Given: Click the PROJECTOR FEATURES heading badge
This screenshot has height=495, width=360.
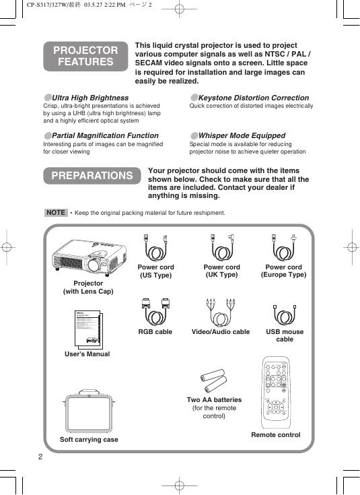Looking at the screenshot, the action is [85, 56].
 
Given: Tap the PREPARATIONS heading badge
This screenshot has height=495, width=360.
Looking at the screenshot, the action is [92, 176].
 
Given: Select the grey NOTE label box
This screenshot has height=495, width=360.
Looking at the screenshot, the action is [56, 212].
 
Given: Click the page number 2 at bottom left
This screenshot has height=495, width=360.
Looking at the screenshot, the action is [40, 457].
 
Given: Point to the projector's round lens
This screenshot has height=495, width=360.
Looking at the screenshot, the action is [94, 265].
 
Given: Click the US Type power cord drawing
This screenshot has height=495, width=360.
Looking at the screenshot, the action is [155, 248].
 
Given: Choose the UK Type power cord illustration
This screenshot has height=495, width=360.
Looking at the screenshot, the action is [222, 248].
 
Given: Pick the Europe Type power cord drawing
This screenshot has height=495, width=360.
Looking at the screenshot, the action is [284, 248].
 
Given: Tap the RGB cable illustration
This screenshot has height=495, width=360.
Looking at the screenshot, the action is [155, 312].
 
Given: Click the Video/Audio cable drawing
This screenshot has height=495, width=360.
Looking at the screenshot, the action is [221, 312].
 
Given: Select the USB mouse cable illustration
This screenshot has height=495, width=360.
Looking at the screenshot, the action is [285, 315].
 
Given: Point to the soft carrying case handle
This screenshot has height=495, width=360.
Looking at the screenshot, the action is [89, 391].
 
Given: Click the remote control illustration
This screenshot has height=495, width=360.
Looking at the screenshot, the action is [275, 393].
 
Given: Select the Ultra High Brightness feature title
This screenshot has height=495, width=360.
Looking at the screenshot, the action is [90, 98].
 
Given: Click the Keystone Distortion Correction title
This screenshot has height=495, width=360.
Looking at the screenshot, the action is [254, 98].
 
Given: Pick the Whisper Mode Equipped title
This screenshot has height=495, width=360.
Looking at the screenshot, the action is [242, 136].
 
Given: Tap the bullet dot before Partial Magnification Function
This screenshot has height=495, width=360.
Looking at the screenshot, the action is [48, 136].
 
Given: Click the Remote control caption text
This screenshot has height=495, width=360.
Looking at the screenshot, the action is [276, 434].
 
